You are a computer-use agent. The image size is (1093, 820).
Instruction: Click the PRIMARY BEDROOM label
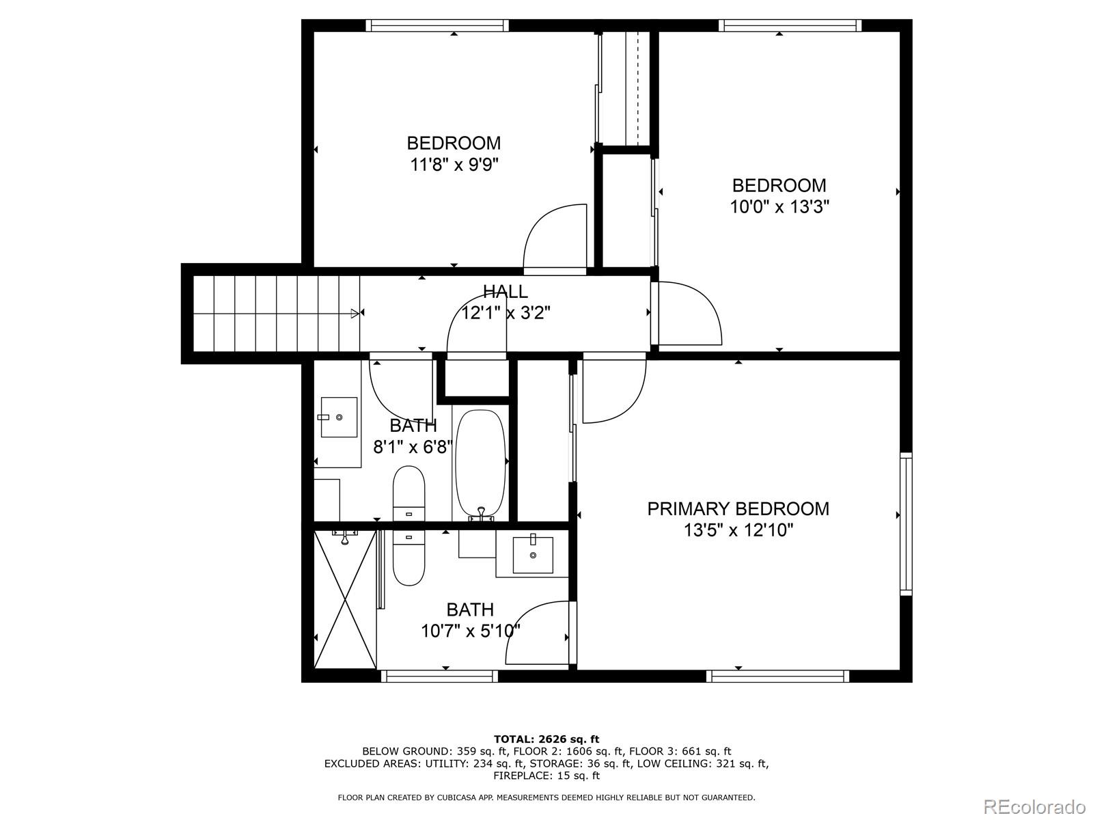[738, 508]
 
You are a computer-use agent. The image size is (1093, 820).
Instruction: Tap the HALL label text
[505, 292]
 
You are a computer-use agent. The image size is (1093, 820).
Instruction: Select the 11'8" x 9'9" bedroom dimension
[454, 165]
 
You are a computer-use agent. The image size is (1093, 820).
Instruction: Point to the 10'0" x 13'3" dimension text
[779, 207]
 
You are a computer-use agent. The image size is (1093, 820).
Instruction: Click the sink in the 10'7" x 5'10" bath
[533, 554]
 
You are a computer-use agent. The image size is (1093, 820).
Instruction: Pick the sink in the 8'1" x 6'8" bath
[339, 417]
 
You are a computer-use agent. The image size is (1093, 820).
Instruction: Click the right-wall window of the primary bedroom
[906, 523]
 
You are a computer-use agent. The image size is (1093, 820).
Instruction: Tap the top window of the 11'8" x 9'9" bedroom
[437, 25]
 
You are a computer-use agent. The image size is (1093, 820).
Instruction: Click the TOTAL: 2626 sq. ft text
[546, 739]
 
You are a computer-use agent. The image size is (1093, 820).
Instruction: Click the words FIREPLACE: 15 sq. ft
[546, 776]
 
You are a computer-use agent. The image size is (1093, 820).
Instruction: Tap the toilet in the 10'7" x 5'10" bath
[409, 557]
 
